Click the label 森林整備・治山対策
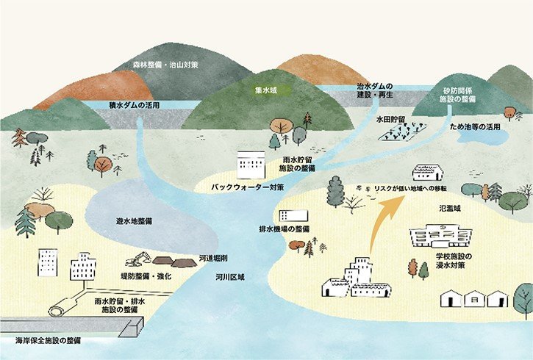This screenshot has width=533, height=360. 166,65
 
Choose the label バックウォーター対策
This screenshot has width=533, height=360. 248,187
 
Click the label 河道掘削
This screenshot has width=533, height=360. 213,259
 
